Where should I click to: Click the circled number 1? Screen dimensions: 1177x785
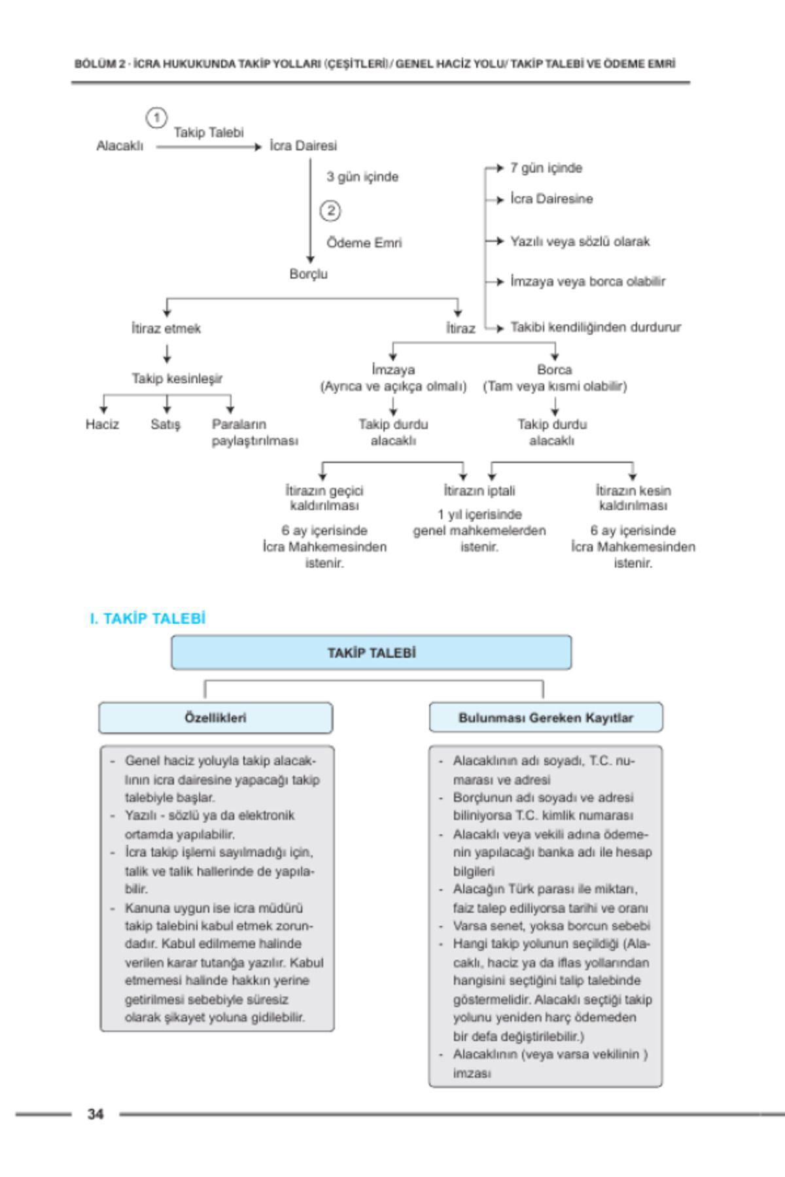coord(156,118)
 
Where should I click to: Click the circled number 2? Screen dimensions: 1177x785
coord(330,211)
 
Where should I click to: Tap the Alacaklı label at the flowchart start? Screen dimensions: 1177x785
coord(120,146)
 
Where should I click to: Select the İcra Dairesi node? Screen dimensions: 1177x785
coord(303,146)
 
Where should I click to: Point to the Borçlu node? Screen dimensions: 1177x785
coord(309,274)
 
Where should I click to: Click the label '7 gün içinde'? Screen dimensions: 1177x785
coord(546,168)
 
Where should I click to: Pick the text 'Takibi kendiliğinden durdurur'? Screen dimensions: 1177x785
coord(595,327)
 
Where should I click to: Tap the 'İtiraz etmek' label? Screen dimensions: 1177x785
coord(166,328)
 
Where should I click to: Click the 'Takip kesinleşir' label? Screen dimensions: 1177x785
coord(177,379)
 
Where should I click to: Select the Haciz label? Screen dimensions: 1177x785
coord(102,424)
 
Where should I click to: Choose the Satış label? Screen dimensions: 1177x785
coord(165,424)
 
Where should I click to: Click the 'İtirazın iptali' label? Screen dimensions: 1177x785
coord(480,490)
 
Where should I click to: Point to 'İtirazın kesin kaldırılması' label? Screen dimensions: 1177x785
coord(633,498)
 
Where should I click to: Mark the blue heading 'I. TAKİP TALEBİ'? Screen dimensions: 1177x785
coord(148,619)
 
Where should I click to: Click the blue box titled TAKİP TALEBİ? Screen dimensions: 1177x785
coord(371,653)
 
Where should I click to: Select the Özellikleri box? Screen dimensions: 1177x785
coord(215,718)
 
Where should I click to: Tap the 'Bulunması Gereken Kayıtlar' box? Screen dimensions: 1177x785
coord(546,718)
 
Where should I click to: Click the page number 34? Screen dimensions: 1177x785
coord(96,1114)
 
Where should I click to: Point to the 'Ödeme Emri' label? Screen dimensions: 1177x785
coord(364,243)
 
